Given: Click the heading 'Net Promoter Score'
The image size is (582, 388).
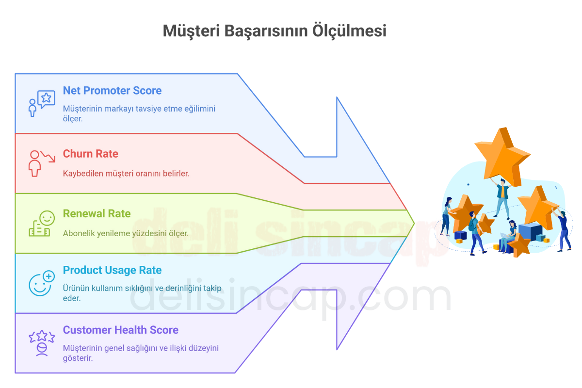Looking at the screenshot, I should pyautogui.click(x=112, y=91).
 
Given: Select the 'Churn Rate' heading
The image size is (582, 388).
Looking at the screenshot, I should pyautogui.click(x=90, y=154).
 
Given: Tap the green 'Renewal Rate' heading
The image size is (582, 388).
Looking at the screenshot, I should pyautogui.click(x=97, y=213).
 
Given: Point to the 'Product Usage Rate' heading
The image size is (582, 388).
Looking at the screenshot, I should pyautogui.click(x=112, y=270).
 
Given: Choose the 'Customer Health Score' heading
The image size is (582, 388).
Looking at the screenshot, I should pyautogui.click(x=120, y=330).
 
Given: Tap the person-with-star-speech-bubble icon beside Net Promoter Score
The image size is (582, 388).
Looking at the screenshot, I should pyautogui.click(x=41, y=103).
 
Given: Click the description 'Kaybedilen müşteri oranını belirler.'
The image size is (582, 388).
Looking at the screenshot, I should pyautogui.click(x=126, y=173).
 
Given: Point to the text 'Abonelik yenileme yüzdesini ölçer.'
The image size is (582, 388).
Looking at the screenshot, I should pyautogui.click(x=126, y=233).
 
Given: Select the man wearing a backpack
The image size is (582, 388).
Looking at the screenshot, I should pyautogui.click(x=475, y=233).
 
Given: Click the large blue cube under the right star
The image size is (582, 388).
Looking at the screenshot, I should pyautogui.click(x=530, y=232).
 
